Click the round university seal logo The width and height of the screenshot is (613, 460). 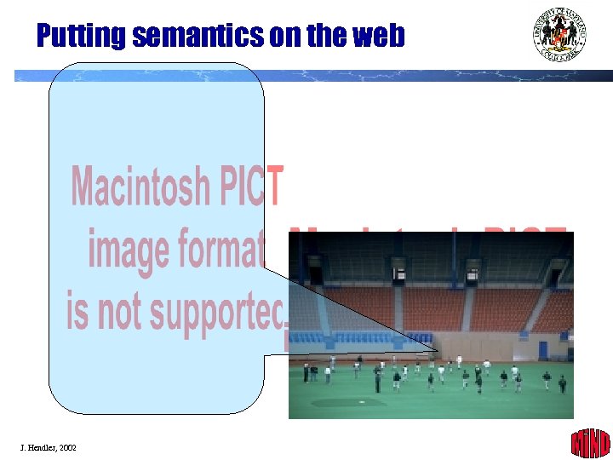560,34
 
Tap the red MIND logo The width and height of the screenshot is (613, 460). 590,443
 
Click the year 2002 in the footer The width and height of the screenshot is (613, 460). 67,447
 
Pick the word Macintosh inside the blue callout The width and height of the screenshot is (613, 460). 140,187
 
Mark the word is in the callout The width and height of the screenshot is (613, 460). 77,310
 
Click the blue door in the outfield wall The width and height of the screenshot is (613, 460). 543,350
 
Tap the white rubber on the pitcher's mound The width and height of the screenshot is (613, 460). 361,401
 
